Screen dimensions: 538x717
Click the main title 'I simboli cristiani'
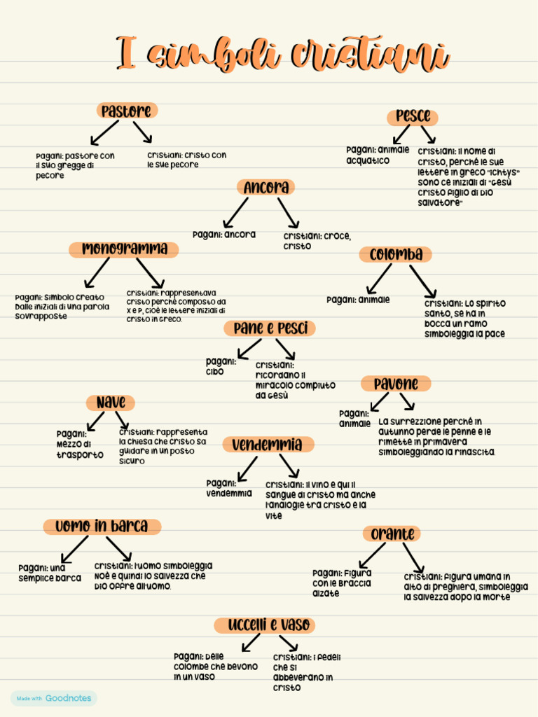point(282,55)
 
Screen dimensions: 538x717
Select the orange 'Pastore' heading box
point(127,111)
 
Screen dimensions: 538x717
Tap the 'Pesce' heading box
point(413,116)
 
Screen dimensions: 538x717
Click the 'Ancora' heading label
point(266,187)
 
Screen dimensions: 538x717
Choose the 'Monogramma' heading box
point(124,249)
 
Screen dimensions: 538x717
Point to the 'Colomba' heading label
point(396,254)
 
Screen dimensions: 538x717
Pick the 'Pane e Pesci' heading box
point(270,328)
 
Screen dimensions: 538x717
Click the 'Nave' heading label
point(111,403)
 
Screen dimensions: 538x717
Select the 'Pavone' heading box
point(396,384)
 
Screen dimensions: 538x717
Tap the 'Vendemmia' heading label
point(268,445)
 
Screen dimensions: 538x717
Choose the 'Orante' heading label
point(392,534)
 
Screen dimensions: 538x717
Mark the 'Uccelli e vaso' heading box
point(265,625)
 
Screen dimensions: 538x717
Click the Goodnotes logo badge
point(54,698)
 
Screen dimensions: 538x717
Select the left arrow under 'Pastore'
point(104,133)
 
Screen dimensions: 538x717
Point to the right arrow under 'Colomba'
point(424,281)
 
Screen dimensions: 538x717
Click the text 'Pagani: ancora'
point(224,235)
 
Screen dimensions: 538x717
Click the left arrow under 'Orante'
point(372,555)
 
